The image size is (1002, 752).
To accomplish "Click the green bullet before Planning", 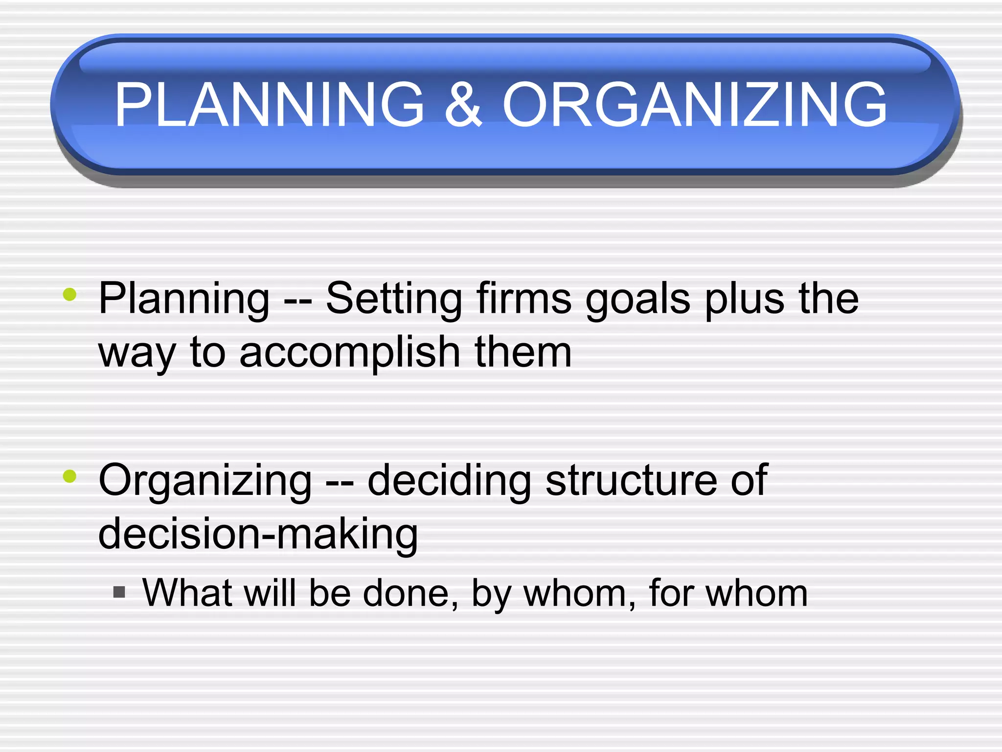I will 70,294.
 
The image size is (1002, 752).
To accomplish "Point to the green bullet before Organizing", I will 70,476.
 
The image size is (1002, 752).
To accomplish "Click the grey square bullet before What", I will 119,593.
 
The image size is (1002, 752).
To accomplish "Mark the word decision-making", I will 258,535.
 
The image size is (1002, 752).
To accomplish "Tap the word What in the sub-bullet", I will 187,593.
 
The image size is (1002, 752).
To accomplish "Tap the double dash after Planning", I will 297,300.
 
